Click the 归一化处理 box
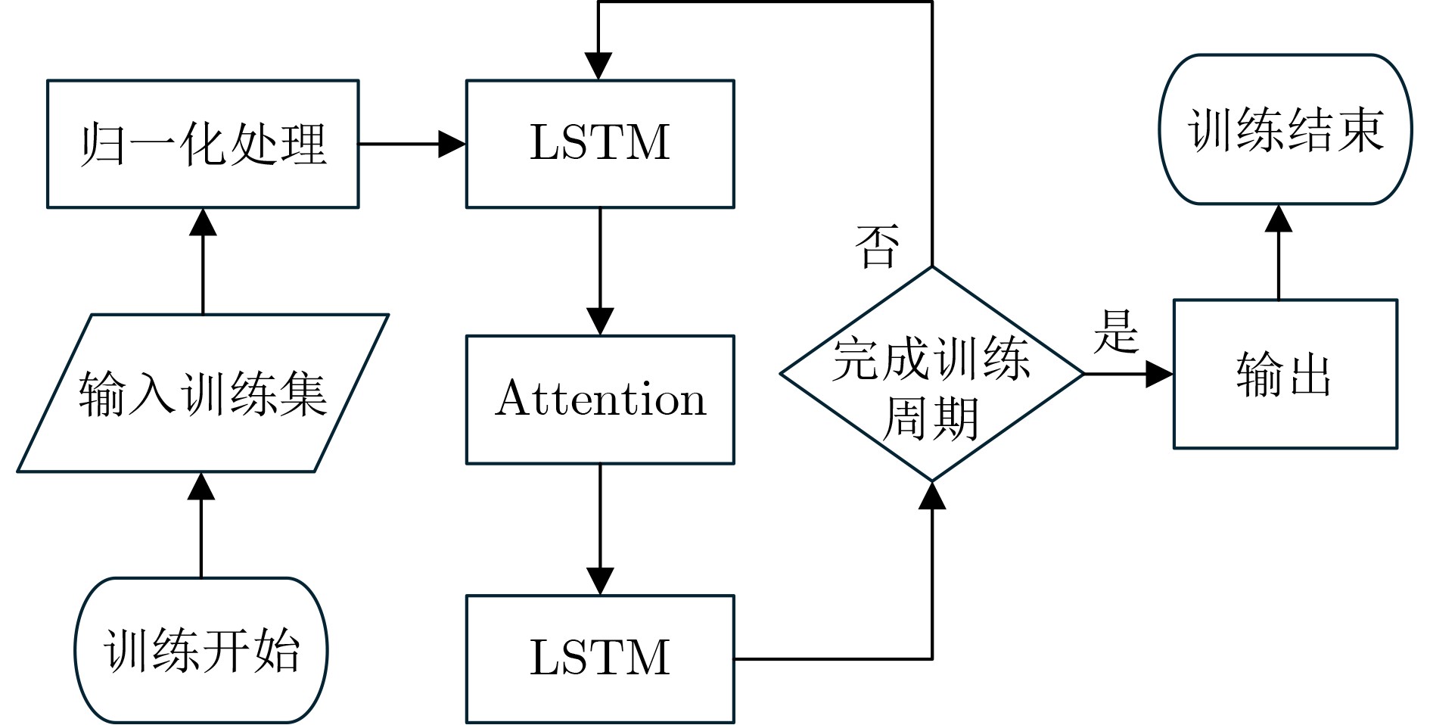[203, 144]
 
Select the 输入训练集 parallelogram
[203, 394]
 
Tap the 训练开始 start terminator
[201, 649]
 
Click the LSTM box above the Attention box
[600, 144]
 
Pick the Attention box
[600, 399]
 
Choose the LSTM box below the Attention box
[600, 658]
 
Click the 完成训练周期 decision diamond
[932, 374]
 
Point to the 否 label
[877, 247]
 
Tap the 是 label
[1115, 331]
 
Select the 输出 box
[1285, 374]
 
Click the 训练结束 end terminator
[1285, 129]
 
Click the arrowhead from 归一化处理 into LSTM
[453, 144]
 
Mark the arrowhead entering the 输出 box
[1160, 374]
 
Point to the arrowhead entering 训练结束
[1279, 217]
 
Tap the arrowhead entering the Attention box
[600, 322]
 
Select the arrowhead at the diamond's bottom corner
[932, 495]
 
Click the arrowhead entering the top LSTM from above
[598, 67]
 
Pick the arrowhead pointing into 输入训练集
[201, 486]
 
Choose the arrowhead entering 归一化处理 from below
[203, 222]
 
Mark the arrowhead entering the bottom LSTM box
[600, 581]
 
